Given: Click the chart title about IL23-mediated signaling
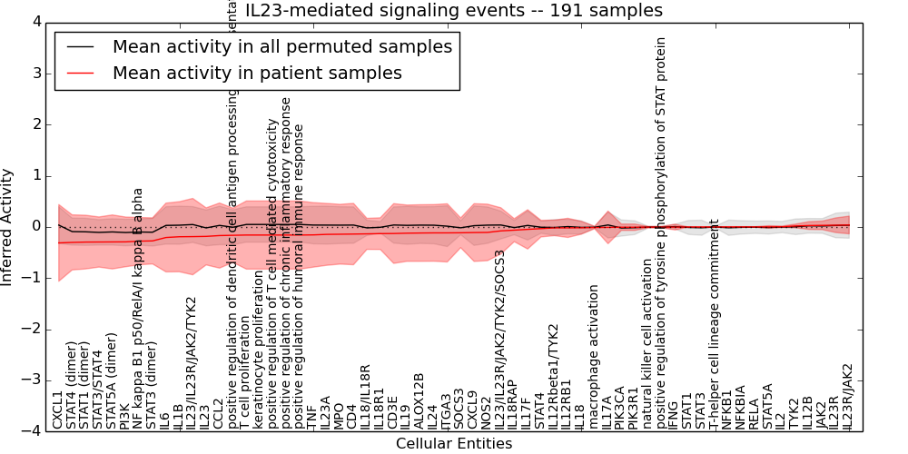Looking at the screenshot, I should click(x=454, y=10).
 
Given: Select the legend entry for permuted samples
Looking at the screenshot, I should click(x=281, y=46).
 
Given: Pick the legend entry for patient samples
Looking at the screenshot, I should click(x=257, y=73).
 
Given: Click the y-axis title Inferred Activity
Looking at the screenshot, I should click(x=7, y=226).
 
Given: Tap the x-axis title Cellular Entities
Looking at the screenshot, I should click(x=454, y=444).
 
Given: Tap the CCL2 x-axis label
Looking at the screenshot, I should click(x=218, y=413).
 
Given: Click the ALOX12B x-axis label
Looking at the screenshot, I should click(x=419, y=400).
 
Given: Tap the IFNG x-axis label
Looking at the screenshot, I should click(x=673, y=414).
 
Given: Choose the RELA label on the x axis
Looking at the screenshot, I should click(x=753, y=413).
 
